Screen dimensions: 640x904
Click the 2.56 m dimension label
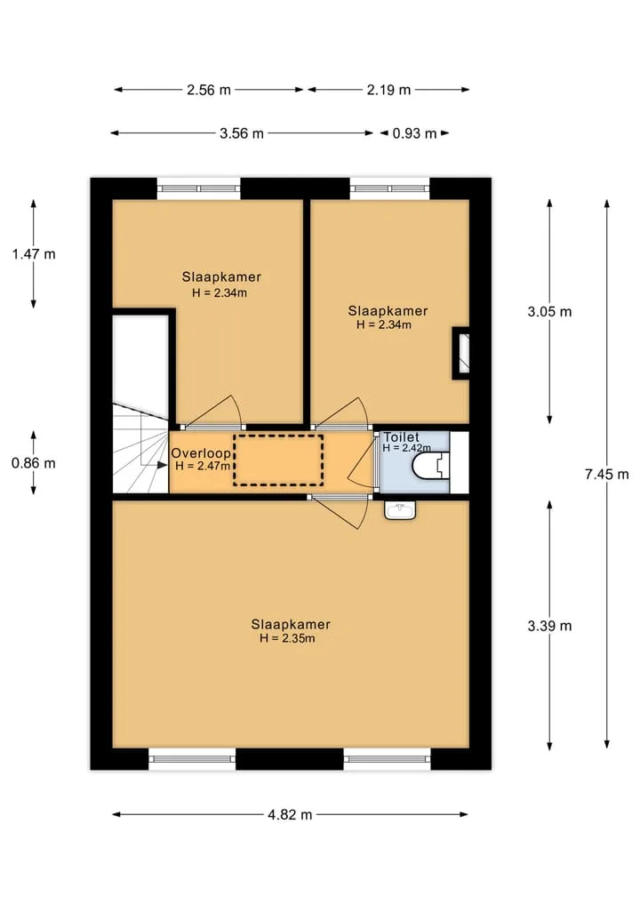[x=209, y=90]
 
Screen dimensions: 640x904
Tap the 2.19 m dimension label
[x=388, y=90]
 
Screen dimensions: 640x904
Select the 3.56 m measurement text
[x=242, y=133]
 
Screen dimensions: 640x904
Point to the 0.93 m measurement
[x=414, y=133]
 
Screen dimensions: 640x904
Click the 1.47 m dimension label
[x=34, y=254]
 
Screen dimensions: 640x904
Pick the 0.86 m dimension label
[x=34, y=463]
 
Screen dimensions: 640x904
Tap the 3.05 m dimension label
[x=549, y=312]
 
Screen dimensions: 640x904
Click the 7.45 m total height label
[x=606, y=475]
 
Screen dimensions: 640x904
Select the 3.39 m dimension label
[x=549, y=626]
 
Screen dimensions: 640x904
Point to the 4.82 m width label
[x=290, y=814]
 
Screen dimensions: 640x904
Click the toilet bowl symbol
[x=431, y=466]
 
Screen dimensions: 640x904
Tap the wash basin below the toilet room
[x=400, y=510]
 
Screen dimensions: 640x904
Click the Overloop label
[x=201, y=453]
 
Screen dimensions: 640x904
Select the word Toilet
[x=401, y=437]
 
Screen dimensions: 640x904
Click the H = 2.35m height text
[x=287, y=638]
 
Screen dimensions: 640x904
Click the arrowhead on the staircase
[x=162, y=465]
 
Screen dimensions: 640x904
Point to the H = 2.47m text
[x=203, y=466]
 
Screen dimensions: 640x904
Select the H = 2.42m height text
[x=406, y=448]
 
